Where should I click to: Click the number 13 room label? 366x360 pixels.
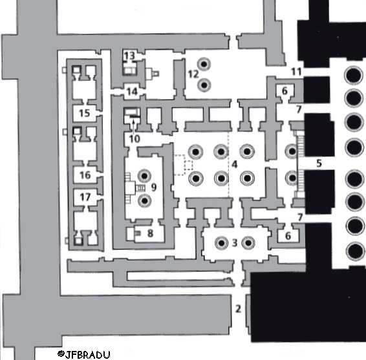tap(129, 56)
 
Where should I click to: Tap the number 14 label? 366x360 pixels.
tap(133, 92)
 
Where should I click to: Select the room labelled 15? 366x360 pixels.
tap(85, 113)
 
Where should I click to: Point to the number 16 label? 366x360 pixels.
tap(85, 175)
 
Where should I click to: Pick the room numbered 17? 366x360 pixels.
tap(85, 197)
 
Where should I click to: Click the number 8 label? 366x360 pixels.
tap(150, 233)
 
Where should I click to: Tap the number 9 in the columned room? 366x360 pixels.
tap(154, 187)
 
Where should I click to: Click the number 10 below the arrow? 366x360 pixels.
tap(135, 139)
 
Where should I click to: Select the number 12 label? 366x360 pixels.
tap(193, 74)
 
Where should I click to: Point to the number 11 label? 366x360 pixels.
tap(296, 72)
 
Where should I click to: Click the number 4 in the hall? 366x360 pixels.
tap(234, 164)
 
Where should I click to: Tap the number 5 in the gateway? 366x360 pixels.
tap(319, 163)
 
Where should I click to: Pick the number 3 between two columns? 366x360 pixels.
tap(235, 243)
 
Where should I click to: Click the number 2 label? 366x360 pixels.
tap(238, 309)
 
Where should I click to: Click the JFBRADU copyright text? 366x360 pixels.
tap(84, 354)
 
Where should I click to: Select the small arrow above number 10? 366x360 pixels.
tap(133, 126)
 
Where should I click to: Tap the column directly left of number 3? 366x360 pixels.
tap(221, 243)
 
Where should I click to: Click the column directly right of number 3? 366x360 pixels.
tap(248, 243)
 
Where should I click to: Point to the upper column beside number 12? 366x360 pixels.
tap(204, 64)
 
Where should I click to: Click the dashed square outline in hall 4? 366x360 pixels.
tap(189, 165)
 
